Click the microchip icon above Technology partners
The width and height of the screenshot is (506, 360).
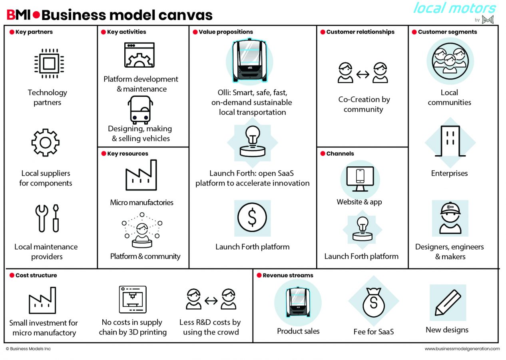49,64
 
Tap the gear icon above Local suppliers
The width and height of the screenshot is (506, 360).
46,143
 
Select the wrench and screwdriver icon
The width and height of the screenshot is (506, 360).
47,218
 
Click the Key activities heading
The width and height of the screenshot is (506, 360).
126,32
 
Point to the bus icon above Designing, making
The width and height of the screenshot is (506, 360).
140,110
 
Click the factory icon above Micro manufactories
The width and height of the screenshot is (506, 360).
141,175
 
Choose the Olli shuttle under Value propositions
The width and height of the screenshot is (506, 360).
250,60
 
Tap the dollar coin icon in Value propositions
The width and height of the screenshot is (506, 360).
252,217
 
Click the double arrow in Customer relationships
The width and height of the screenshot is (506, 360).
363,74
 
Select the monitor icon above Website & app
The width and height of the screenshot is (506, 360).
360,179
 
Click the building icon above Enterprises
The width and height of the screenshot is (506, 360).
450,141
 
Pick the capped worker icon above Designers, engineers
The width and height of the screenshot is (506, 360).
450,218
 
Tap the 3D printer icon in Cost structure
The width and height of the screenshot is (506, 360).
133,299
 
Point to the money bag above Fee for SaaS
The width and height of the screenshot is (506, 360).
374,302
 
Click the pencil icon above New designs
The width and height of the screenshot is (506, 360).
448,302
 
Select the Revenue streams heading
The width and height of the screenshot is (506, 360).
288,275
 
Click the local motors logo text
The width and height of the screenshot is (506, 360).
454,8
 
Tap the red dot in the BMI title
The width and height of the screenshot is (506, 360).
36,15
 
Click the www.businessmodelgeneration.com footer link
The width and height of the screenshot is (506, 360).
462,349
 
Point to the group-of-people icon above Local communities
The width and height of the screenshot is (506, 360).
450,61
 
